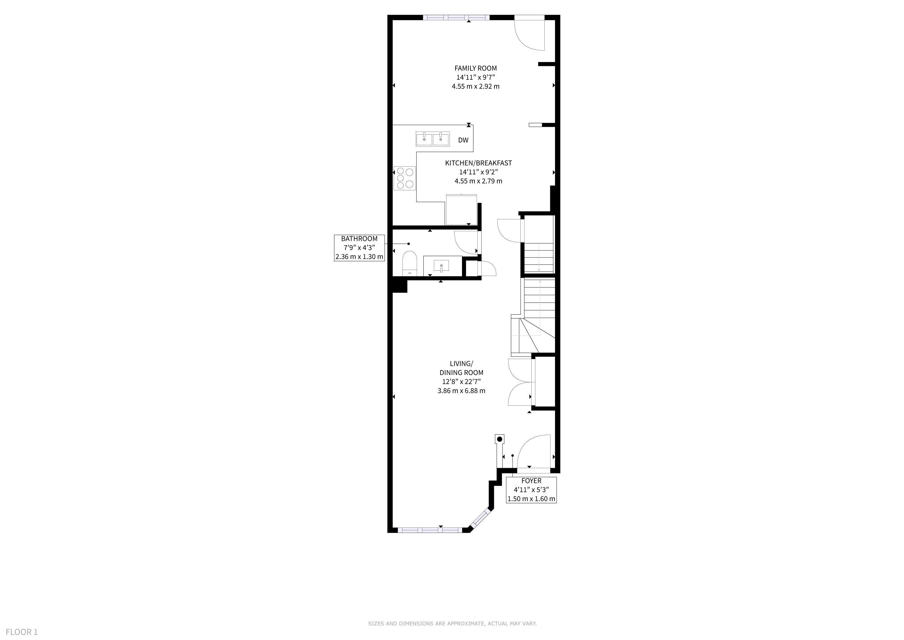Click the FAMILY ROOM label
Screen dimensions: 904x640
pos(476,68)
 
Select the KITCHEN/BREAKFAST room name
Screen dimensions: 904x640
pos(479,163)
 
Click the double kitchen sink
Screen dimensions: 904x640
pos(433,139)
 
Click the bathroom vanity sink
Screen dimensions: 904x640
pos(441,266)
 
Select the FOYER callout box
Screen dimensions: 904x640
pos(531,490)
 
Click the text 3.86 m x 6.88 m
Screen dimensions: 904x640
pos(461,391)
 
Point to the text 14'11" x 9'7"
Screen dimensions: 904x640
pos(476,77)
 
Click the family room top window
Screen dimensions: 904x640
pos(456,17)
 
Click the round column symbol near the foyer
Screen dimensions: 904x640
pos(500,439)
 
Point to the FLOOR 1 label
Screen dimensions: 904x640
pos(22,632)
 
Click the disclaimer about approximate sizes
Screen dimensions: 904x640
pos(452,623)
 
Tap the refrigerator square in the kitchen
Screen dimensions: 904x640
pos(461,210)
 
